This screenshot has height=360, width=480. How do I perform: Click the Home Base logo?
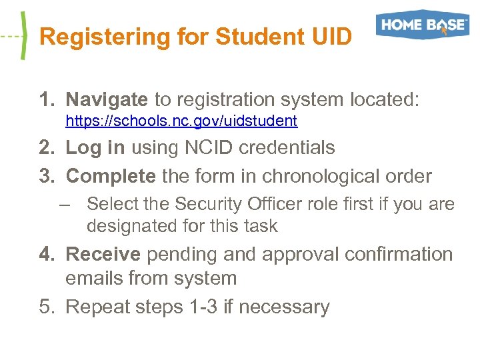(x=422, y=25)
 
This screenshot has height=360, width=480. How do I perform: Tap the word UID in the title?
(x=331, y=37)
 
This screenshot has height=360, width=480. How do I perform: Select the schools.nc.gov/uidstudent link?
(x=181, y=121)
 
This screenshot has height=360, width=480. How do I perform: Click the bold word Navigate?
(x=107, y=100)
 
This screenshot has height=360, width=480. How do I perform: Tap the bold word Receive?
(x=103, y=255)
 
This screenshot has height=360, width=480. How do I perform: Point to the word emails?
(x=94, y=278)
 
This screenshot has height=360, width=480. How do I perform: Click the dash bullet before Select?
(x=64, y=204)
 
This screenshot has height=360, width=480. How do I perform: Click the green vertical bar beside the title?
(x=24, y=37)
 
